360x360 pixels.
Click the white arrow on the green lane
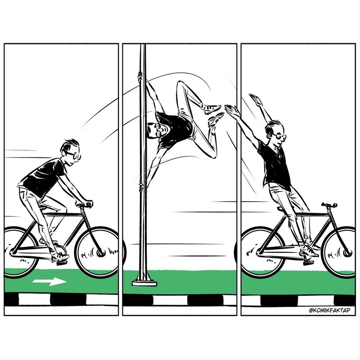pos(49,281)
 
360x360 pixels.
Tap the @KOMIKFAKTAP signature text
pos(330,310)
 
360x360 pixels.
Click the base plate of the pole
pos(144,283)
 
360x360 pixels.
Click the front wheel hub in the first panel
pos(101,253)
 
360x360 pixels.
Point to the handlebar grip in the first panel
pos(88,204)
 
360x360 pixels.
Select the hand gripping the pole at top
pos(140,76)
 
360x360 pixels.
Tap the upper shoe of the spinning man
pos(212,109)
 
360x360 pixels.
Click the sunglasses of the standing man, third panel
pos(280,137)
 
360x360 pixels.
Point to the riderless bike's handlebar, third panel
pos(329,205)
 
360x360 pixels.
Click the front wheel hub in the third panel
pos(347,253)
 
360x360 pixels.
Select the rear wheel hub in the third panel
pos(260,253)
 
